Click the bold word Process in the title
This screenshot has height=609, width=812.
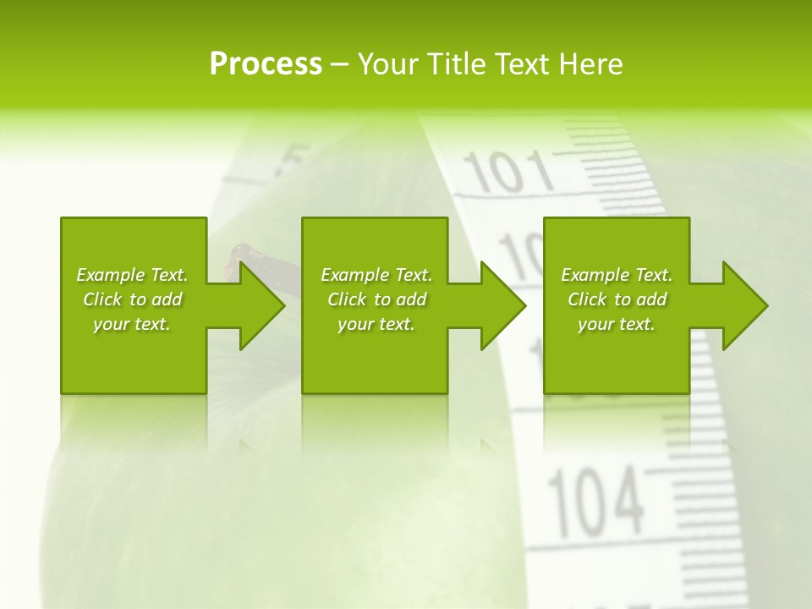(x=266, y=64)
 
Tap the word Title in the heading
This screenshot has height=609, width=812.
(x=457, y=64)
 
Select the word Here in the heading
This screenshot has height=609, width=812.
(x=591, y=64)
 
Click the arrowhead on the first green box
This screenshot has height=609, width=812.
(x=261, y=305)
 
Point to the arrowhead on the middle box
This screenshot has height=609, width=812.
(x=502, y=305)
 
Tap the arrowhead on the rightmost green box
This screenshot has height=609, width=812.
(x=743, y=305)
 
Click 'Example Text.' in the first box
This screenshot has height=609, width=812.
(x=132, y=275)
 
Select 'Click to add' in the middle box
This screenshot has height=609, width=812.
(x=377, y=299)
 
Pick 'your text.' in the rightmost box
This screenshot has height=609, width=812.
(x=617, y=324)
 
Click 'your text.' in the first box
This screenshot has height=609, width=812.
(x=132, y=324)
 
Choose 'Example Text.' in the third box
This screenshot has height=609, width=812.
(x=617, y=275)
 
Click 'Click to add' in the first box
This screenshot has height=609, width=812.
(x=133, y=299)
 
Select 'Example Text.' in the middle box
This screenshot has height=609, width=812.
(x=376, y=275)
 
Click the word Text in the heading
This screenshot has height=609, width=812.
(x=522, y=64)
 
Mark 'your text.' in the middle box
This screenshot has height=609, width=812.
(x=376, y=324)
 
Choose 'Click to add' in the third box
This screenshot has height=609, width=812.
(x=617, y=299)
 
